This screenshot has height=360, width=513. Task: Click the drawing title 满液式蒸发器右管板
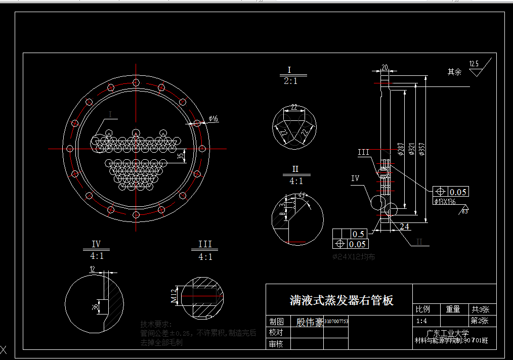click(x=341, y=300)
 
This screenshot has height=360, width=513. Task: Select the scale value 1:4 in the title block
click(x=421, y=321)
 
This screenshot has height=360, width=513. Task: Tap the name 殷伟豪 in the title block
click(x=310, y=322)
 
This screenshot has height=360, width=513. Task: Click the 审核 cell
click(x=276, y=344)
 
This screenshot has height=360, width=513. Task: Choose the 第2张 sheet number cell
click(x=480, y=321)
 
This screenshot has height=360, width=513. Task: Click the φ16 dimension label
click(x=212, y=119)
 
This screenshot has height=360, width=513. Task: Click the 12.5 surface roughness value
click(x=474, y=64)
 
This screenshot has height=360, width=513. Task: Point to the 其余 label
click(x=454, y=72)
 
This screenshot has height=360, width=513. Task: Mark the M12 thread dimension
click(x=175, y=297)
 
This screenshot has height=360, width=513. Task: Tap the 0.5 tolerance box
click(x=358, y=234)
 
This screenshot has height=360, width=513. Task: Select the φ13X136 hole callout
click(x=445, y=201)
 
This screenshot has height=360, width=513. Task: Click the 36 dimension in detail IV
click(x=94, y=306)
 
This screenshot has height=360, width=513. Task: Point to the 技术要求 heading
click(x=156, y=324)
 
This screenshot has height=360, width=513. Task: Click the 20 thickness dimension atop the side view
click(x=385, y=67)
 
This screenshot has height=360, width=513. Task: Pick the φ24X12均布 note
click(x=354, y=257)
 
